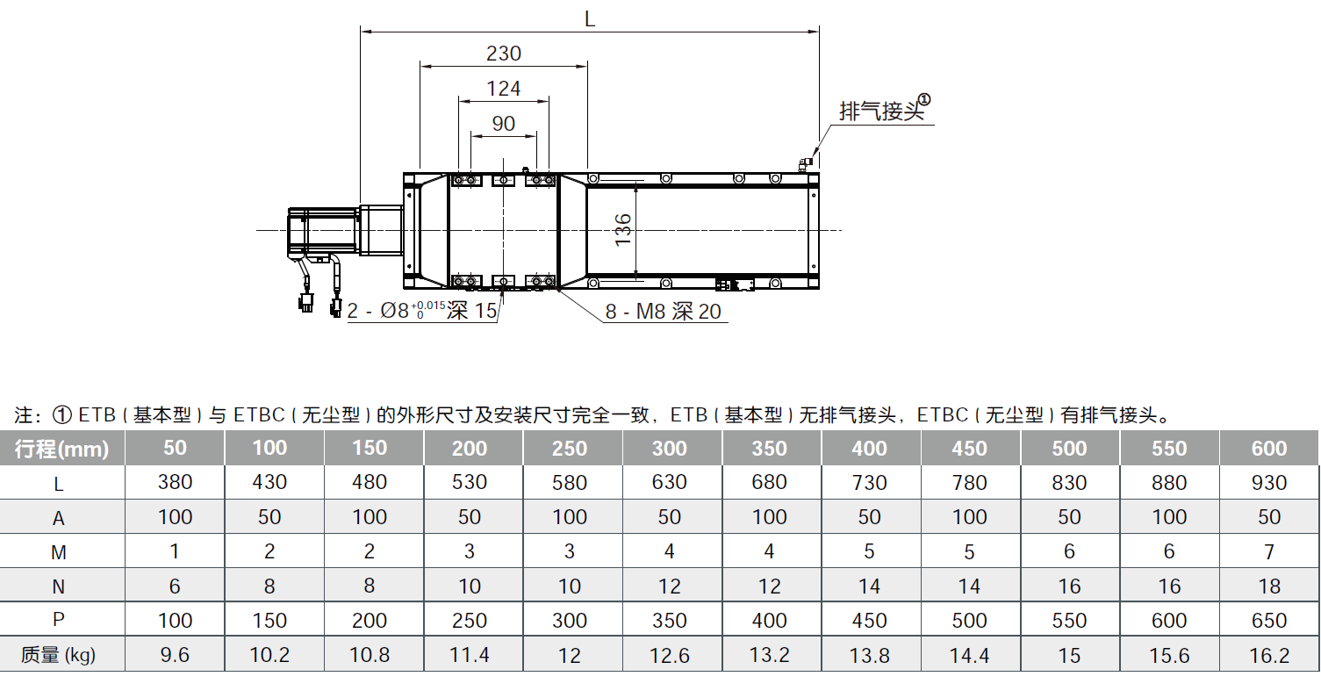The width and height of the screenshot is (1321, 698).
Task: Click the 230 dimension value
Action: pos(504,54)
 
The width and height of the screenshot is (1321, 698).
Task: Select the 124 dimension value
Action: pos(504,89)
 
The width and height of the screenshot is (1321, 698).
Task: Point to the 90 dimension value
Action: pos(504,124)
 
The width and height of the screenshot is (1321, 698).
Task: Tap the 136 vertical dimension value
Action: pos(622,230)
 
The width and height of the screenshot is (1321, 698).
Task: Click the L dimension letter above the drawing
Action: pos(590,19)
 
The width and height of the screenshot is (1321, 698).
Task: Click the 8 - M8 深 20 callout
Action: pos(664,312)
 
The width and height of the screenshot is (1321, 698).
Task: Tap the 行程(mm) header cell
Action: pos(62,449)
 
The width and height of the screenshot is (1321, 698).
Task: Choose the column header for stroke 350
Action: pos(770,449)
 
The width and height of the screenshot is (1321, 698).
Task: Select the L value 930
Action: pos(1269,483)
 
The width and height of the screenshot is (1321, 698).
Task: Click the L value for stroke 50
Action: pos(175,483)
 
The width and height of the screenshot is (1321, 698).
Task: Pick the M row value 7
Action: pos(1269,551)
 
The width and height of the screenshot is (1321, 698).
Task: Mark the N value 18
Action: pos(1269,586)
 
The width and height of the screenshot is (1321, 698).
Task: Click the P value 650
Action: pos(1269,620)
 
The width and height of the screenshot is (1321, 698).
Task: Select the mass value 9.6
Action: pos(175,655)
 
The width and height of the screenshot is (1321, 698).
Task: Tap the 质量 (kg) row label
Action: pos(59,655)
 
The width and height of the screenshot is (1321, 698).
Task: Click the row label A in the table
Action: pos(59,518)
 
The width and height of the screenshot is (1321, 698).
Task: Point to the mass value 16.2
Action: pos(1269,655)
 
